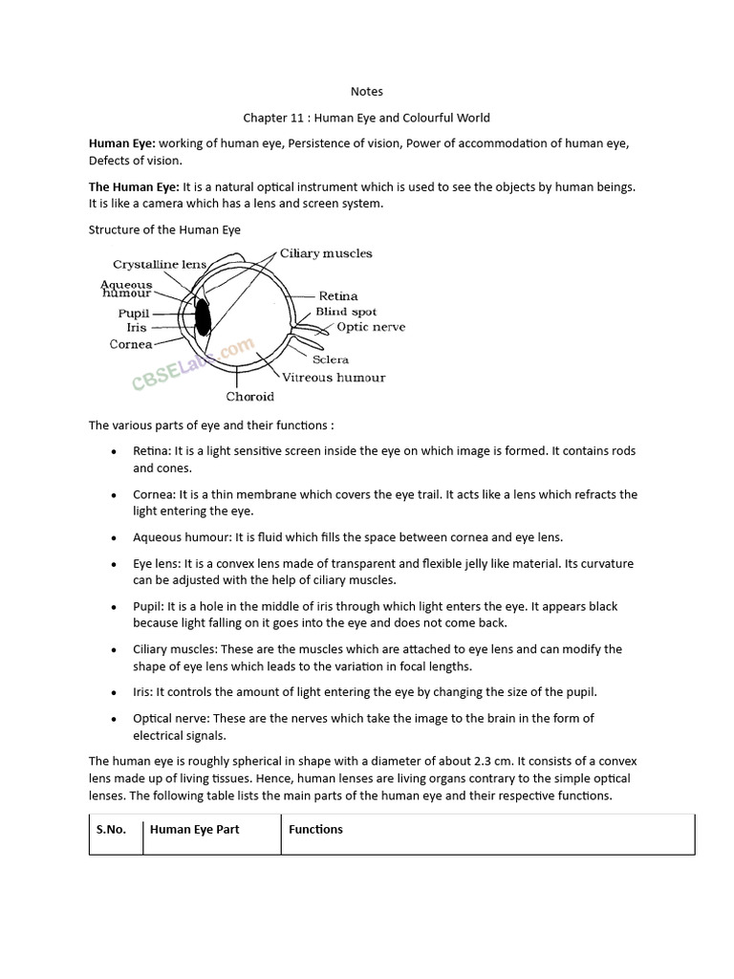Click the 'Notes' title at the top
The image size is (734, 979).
click(x=367, y=92)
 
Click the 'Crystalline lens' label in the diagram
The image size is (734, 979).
click(x=160, y=264)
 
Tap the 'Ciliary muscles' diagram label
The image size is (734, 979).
click(x=326, y=253)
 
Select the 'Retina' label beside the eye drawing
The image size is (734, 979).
click(x=338, y=296)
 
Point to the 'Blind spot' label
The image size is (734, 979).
click(x=346, y=312)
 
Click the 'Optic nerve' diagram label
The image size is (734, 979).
click(x=371, y=327)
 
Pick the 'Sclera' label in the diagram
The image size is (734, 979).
click(x=331, y=359)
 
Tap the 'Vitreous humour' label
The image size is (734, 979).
click(x=334, y=378)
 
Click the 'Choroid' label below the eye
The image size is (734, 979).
click(x=250, y=397)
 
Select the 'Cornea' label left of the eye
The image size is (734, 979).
click(x=131, y=344)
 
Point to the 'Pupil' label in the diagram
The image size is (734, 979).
click(x=134, y=314)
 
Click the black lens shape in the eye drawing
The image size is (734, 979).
click(x=203, y=316)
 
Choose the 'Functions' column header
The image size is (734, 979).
click(x=315, y=829)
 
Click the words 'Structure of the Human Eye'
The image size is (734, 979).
click(x=164, y=229)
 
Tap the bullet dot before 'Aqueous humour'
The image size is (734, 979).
click(x=115, y=538)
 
